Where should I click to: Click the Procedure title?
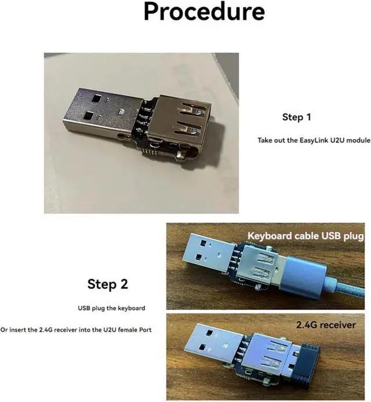click(x=204, y=12)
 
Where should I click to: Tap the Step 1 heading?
click(x=296, y=117)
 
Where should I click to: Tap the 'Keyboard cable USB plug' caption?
click(x=305, y=236)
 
